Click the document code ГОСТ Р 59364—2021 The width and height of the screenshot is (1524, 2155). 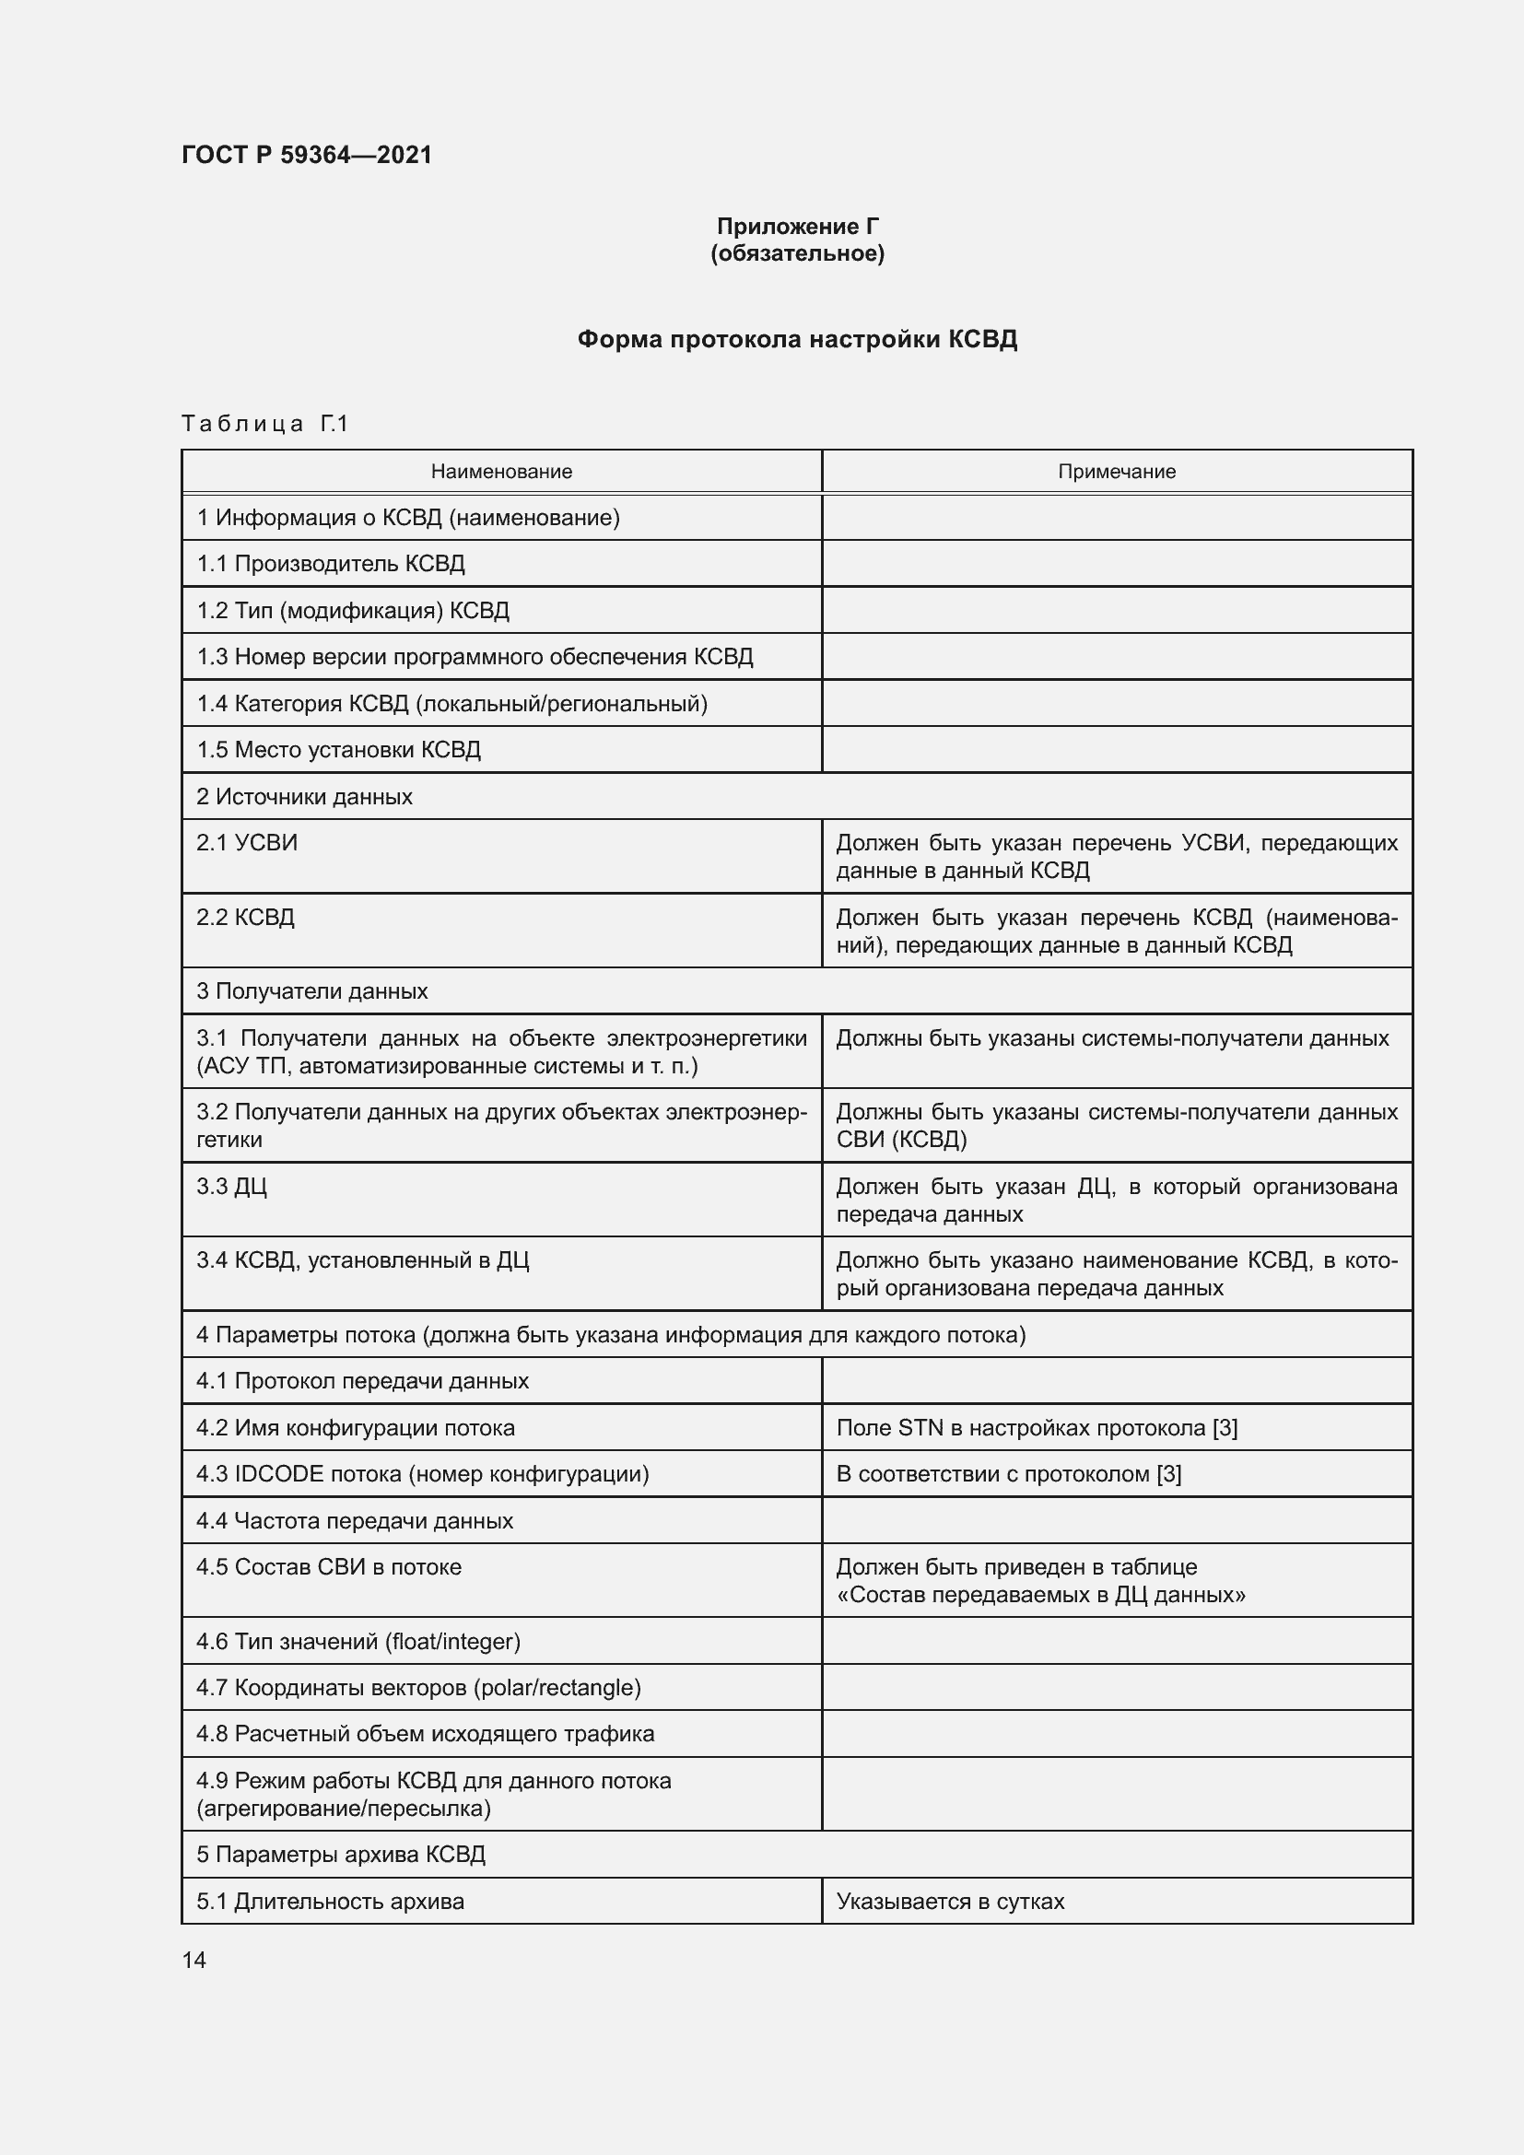click(x=307, y=155)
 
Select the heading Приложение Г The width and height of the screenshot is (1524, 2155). click(x=797, y=227)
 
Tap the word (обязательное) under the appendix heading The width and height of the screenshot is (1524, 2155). click(x=797, y=253)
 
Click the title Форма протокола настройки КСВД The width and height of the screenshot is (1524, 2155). click(x=797, y=339)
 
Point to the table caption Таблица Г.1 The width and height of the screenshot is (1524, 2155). click(x=264, y=424)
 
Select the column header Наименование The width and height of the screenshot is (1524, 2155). click(x=501, y=471)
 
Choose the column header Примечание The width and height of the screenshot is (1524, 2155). click(x=1116, y=471)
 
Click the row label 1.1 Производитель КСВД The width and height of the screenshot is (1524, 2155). click(x=331, y=563)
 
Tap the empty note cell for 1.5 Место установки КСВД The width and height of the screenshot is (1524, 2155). click(x=1116, y=749)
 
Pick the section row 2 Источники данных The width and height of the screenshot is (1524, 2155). click(x=304, y=796)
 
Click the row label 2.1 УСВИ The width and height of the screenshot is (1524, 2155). click(x=247, y=842)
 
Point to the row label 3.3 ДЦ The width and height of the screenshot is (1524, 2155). click(x=232, y=1186)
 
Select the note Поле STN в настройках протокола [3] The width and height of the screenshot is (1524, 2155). click(x=1036, y=1427)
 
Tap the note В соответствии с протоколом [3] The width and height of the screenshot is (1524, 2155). click(x=1008, y=1473)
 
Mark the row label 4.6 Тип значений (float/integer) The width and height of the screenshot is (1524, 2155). click(x=358, y=1641)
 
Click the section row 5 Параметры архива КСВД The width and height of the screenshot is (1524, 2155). click(x=341, y=1854)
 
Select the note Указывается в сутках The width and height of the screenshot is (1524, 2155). click(x=950, y=1901)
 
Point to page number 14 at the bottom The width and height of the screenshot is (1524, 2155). click(x=194, y=1960)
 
